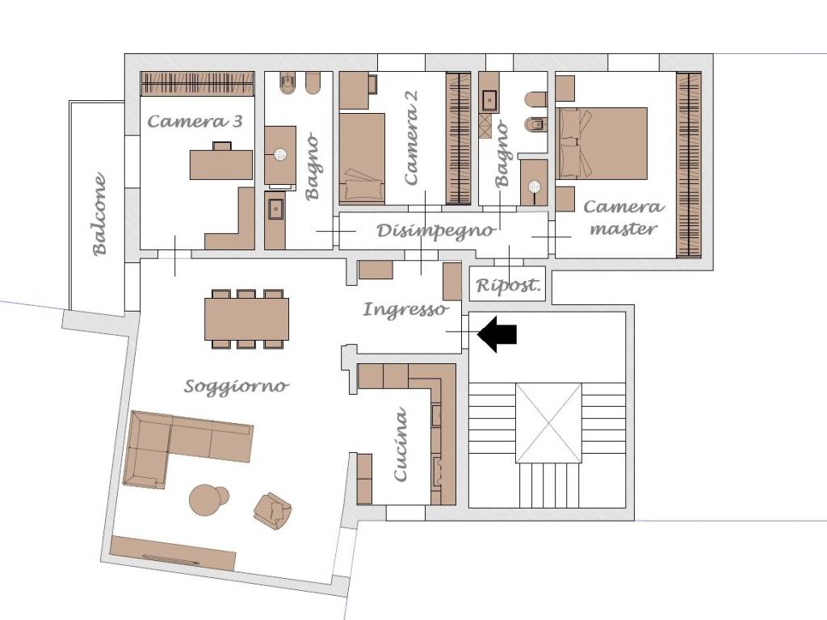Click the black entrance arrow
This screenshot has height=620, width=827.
pos(496,334)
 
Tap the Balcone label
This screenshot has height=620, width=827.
pos(99,214)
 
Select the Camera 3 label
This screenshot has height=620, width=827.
pos(195,121)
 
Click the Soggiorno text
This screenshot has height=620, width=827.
pos(237,387)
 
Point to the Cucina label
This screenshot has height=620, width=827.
pos(401,444)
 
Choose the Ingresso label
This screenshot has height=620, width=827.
pos(405,309)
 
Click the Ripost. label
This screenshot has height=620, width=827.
pos(509,286)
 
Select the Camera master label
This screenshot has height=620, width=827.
pos(623,217)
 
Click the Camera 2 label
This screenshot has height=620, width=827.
pos(411,137)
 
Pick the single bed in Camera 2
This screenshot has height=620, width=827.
pos(362,158)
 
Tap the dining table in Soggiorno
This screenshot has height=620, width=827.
pos(247,319)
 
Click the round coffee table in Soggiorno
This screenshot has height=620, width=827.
pos(207,500)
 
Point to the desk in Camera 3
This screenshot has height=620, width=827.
pos(221,164)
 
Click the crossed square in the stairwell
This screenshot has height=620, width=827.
pos(548,423)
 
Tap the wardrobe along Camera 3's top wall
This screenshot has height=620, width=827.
pos(198,84)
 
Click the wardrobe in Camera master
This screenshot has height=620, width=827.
pos(689,165)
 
